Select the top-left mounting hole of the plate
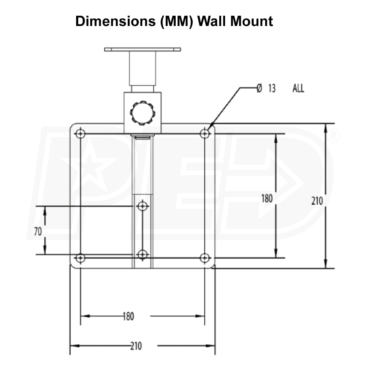point(81,134)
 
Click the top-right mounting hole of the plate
point(205,134)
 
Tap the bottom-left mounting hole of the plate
point(81,258)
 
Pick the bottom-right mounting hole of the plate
point(205,258)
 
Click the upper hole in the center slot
point(143,206)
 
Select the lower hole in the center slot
point(143,254)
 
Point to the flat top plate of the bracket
point(142,49)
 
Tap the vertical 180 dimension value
point(267,199)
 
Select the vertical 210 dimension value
point(317,201)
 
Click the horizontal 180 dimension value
point(128,316)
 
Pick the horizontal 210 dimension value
point(135,346)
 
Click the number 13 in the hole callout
point(272,88)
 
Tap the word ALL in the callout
point(298,88)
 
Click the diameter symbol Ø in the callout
point(259,88)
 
